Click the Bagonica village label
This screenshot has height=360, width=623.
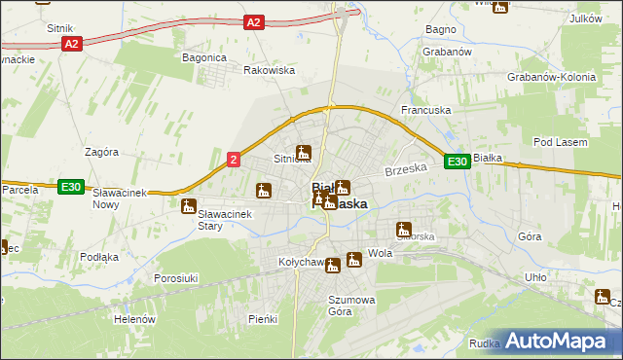tap(204, 57)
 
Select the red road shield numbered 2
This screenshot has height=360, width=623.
tap(234, 160)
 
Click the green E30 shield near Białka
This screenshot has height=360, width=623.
tap(458, 162)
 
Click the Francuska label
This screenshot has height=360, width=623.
tap(425, 111)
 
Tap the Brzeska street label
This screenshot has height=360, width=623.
tap(406, 169)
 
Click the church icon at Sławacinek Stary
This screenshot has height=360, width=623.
tap(189, 205)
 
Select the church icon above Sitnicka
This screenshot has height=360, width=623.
tap(304, 152)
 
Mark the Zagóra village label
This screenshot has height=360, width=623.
tap(101, 153)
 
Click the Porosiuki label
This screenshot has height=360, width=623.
tap(177, 278)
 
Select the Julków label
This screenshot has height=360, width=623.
tap(585, 18)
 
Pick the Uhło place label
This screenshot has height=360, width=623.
tap(535, 276)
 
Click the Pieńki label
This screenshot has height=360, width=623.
tap(263, 319)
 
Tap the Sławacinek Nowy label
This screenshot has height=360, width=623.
tap(119, 198)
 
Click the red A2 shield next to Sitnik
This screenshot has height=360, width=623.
tap(70, 45)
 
